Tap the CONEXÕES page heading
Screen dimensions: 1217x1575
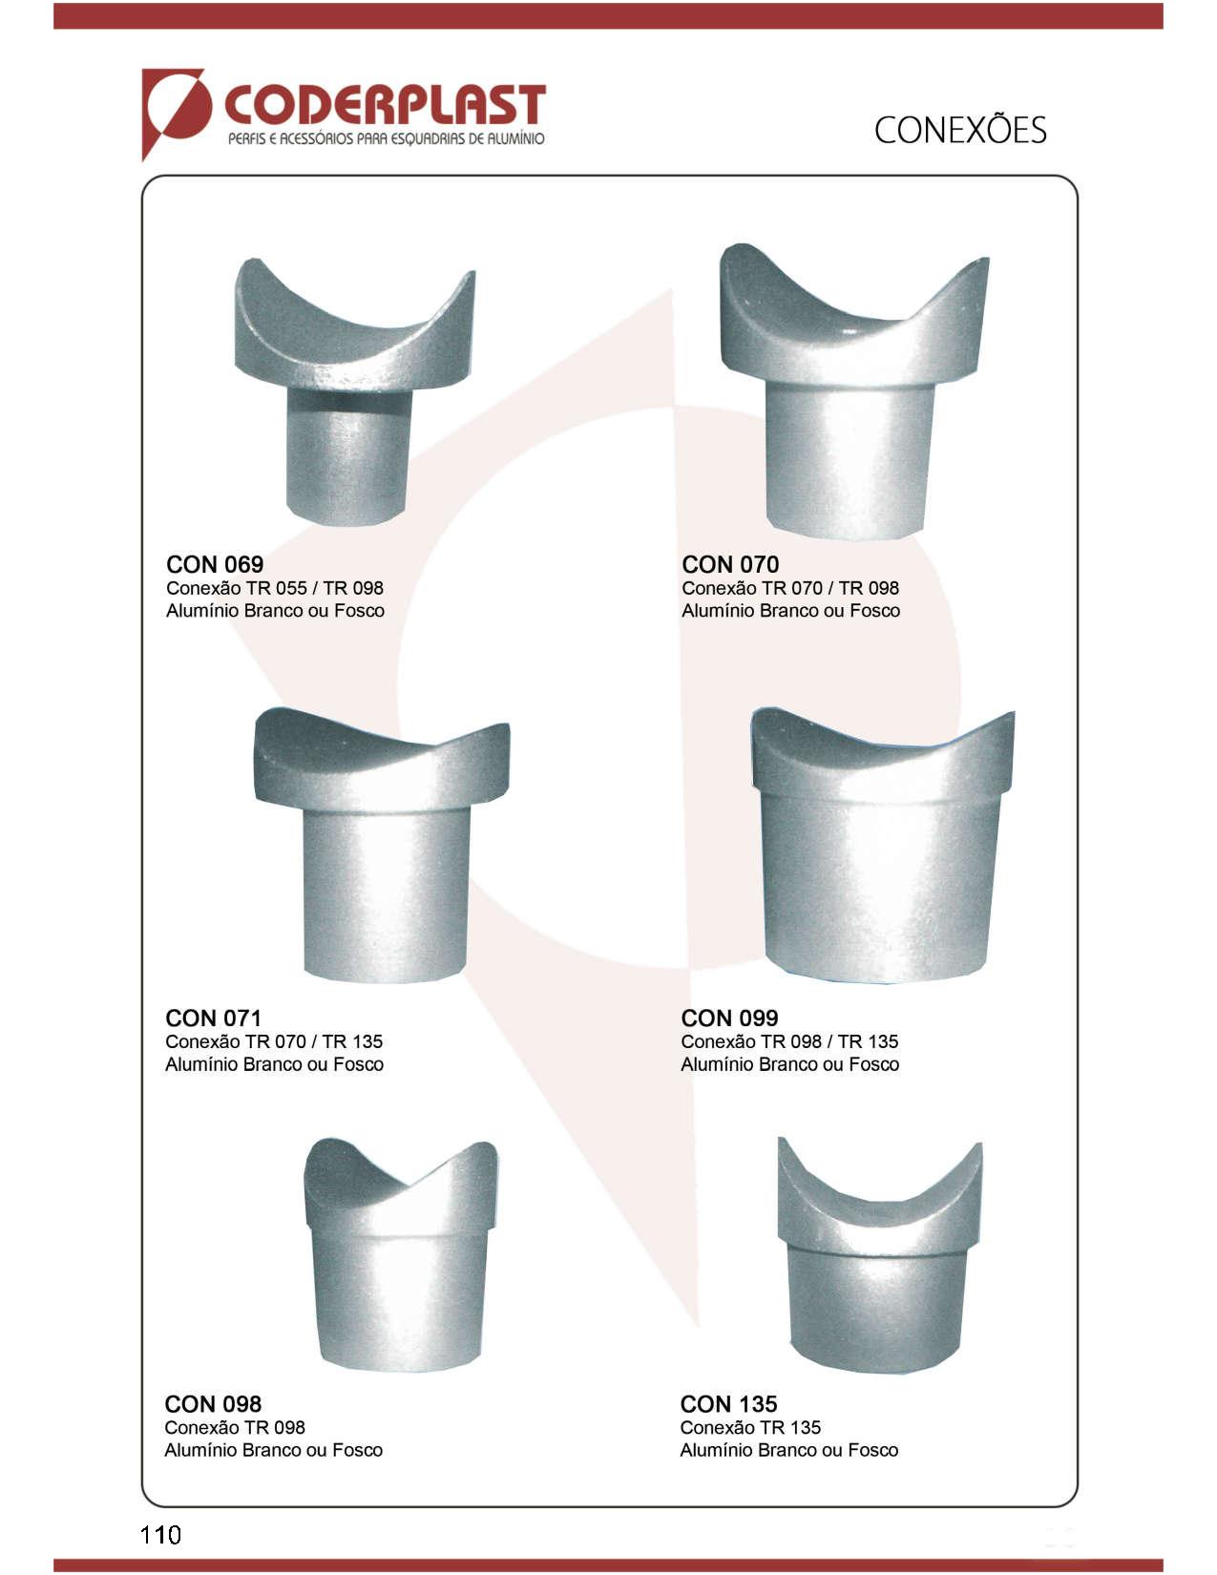tap(959, 130)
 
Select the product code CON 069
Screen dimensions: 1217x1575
tap(215, 564)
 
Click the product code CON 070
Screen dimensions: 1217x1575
tap(730, 564)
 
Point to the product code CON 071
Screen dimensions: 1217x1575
tap(213, 1018)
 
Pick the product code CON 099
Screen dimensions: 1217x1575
tap(729, 1018)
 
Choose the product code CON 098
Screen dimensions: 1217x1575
tap(213, 1404)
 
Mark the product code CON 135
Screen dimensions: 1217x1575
tap(728, 1404)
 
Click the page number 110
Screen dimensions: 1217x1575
tap(160, 1534)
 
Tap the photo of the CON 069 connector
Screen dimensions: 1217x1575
tap(354, 392)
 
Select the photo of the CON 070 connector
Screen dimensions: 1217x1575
tap(854, 391)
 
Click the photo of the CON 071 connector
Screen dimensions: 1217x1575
tap(382, 845)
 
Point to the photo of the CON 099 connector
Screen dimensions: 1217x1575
tap(882, 845)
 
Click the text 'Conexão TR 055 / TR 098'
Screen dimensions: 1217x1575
tap(275, 588)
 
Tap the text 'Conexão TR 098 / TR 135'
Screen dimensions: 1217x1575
tap(789, 1041)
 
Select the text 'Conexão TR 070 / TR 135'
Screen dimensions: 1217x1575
tap(274, 1041)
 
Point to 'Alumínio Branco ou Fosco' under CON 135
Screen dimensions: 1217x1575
tap(788, 1450)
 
